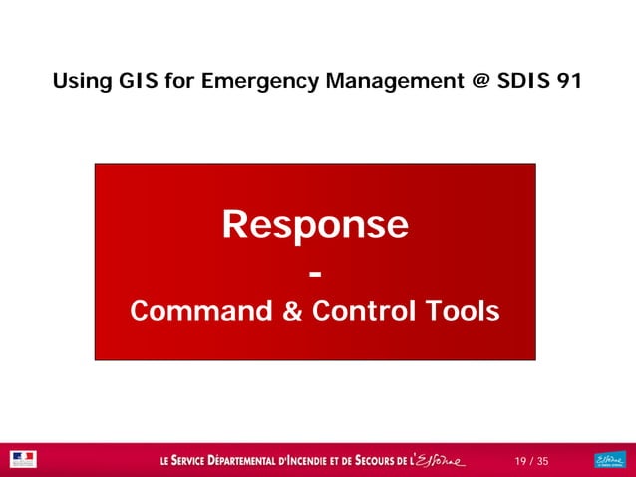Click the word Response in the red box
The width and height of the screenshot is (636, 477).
point(315,226)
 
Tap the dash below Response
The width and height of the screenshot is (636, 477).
point(315,272)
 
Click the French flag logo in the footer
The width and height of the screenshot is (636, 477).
point(22,459)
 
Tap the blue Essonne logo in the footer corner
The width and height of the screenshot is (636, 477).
point(608,459)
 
